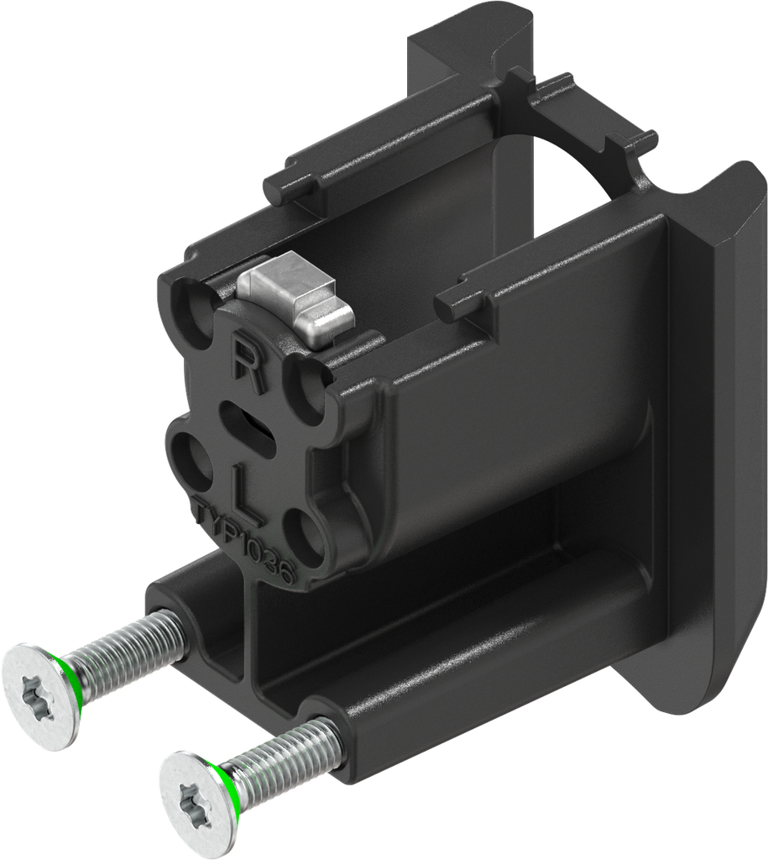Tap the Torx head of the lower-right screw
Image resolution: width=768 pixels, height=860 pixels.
click(x=192, y=798)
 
